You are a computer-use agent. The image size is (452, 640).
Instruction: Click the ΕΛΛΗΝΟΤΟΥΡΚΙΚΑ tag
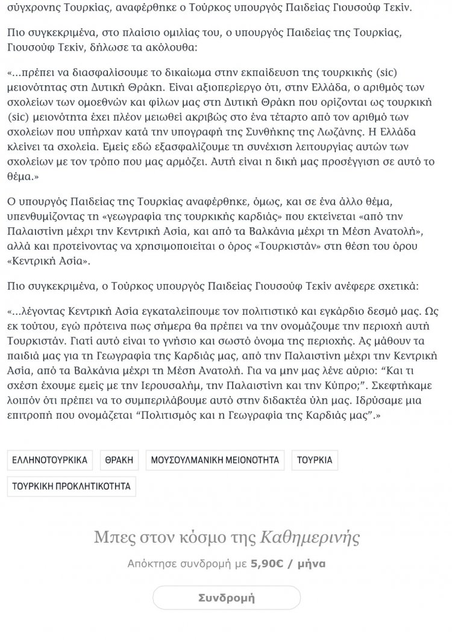50,460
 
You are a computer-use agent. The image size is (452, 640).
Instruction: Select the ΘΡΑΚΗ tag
118,460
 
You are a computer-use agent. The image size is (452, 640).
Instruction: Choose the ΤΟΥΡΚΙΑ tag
315,460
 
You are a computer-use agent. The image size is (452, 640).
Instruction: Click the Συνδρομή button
227,598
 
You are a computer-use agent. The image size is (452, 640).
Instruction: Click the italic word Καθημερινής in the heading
310,536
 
